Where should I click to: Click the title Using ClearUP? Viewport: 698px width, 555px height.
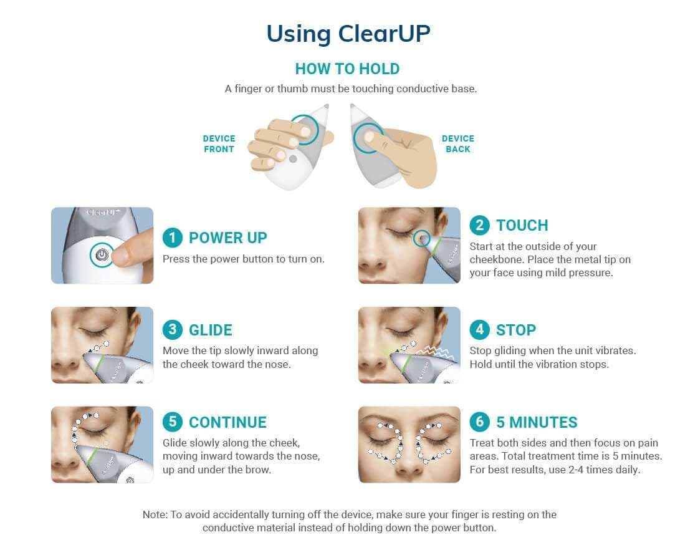coord(348,34)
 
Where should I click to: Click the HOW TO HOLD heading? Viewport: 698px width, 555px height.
coord(347,69)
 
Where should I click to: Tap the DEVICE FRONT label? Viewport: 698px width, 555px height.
coord(219,143)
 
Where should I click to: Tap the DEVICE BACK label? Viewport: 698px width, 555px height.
coord(458,143)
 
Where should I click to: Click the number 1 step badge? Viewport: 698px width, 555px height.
coord(173,238)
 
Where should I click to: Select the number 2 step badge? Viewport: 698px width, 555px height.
coord(479,225)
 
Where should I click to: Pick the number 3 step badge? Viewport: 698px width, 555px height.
coord(173,330)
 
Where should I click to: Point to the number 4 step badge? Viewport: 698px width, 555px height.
coord(479,330)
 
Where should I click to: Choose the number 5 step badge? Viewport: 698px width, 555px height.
coord(173,422)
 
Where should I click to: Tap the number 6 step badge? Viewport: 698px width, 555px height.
coord(479,422)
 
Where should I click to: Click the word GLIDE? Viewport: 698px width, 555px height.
coord(211,330)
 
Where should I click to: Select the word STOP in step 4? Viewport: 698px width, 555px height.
coord(516,330)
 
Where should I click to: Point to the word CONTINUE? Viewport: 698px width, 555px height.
coord(227,422)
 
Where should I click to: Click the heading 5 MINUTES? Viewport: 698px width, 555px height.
coord(537,422)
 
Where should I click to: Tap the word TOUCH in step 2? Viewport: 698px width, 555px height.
coord(522,225)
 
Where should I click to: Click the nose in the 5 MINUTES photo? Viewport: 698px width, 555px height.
coord(409,458)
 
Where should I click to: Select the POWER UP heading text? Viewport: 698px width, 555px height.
coord(227,238)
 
